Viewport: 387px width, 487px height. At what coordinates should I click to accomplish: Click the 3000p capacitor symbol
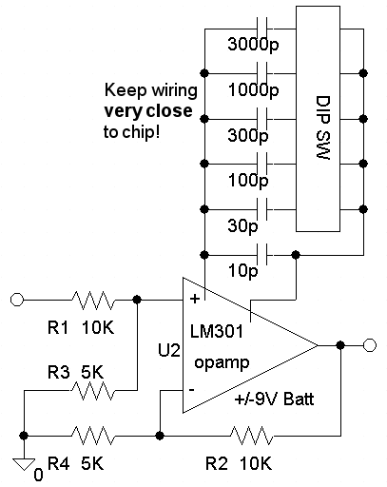coord(261,29)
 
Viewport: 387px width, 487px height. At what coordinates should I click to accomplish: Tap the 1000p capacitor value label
coord(253,89)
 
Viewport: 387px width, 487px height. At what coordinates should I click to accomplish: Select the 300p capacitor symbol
coord(261,119)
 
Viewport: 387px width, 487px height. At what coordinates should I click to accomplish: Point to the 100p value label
coord(248,180)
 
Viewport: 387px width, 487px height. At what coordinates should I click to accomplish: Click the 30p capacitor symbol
coord(261,209)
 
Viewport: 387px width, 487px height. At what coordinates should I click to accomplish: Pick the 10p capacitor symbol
coord(261,254)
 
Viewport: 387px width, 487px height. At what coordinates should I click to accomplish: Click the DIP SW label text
coord(323,127)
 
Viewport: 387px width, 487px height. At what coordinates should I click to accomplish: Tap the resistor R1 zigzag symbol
coord(92,300)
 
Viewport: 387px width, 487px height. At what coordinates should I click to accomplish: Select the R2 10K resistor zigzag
coord(251,436)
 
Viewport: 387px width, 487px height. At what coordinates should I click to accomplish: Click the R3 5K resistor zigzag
coord(92,390)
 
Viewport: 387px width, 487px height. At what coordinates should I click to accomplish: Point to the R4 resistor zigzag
coord(92,436)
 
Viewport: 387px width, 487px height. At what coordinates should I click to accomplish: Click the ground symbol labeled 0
coord(24,463)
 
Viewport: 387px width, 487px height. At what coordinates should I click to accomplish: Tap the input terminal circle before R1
coord(17,300)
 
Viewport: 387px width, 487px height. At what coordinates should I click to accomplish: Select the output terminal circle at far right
coord(370,345)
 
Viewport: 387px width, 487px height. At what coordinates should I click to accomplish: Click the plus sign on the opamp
coord(194,299)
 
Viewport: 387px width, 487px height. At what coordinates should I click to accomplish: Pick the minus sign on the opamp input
coord(191,389)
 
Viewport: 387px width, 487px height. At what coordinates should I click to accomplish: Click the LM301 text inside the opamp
coord(217,331)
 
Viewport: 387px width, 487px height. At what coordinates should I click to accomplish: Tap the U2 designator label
coord(169,351)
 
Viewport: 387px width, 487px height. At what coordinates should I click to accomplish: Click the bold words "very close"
coord(148,110)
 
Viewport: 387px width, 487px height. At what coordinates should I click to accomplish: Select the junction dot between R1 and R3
coord(137,300)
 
